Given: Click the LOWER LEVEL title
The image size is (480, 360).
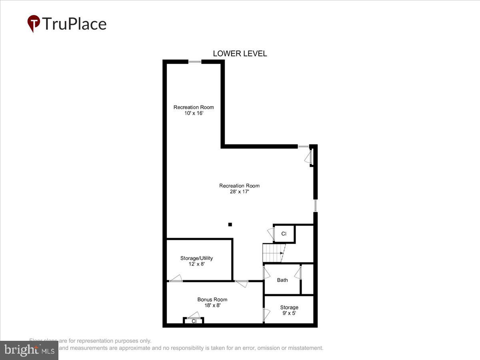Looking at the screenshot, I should (240, 54).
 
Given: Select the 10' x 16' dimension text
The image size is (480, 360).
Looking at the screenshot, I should (193, 113).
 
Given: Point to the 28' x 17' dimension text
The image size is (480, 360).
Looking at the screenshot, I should (239, 192).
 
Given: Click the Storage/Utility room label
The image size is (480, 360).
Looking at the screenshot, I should (196, 258).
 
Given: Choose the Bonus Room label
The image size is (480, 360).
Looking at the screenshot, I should (212, 299).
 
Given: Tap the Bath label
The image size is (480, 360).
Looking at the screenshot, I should (282, 280).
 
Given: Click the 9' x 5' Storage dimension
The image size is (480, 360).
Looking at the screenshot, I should (289, 313).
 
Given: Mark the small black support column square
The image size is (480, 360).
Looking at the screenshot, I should (230, 224).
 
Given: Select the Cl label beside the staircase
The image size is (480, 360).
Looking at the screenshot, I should (284, 234).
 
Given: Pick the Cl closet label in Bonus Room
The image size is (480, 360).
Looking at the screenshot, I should (194, 321).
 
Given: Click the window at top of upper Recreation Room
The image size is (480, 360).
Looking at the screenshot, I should (195, 62).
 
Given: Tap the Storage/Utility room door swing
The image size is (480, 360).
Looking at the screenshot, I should (176, 278).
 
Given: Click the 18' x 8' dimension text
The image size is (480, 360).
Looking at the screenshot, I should (212, 305).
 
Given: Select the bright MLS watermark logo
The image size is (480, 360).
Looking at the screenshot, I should (29, 350).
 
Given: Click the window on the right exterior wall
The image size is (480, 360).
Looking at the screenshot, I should (315, 206).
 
